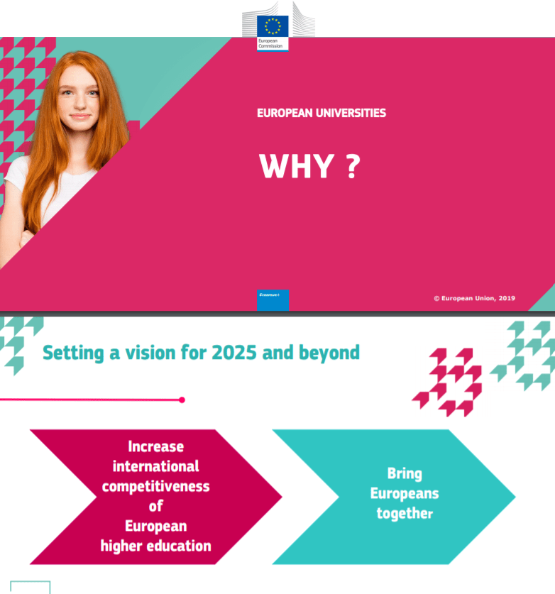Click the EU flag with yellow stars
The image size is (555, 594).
pyautogui.click(x=273, y=26)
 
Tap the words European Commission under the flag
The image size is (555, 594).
pyautogui.click(x=270, y=43)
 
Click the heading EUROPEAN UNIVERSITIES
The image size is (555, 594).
pyautogui.click(x=322, y=113)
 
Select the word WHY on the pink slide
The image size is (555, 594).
pyautogui.click(x=296, y=166)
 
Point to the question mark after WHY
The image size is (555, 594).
pyautogui.click(x=353, y=166)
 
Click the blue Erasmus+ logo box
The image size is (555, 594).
pyautogui.click(x=273, y=300)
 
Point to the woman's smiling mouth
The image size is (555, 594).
pyautogui.click(x=80, y=116)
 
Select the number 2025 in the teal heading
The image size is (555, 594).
pyautogui.click(x=234, y=353)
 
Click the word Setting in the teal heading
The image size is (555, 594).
pyautogui.click(x=73, y=353)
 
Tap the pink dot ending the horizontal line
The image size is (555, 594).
pyautogui.click(x=182, y=400)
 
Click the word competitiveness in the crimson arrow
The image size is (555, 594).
pyautogui.click(x=155, y=486)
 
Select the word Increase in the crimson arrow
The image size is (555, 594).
pyautogui.click(x=155, y=446)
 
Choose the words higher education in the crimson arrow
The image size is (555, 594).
pyautogui.click(x=155, y=546)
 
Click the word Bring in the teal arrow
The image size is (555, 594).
pyautogui.click(x=405, y=474)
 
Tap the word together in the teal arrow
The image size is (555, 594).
pyautogui.click(x=405, y=514)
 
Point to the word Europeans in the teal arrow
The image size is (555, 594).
pyautogui.click(x=405, y=494)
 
